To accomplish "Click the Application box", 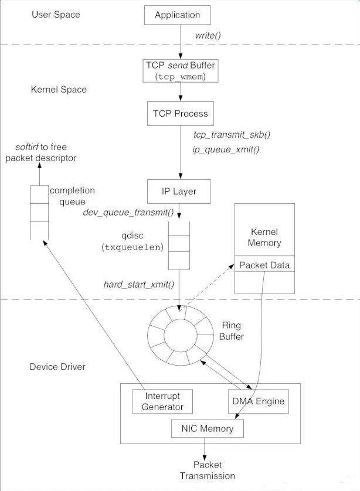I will click(x=176, y=15).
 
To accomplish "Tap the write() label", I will click(x=208, y=36).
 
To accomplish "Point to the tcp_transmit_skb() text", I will click(x=231, y=134).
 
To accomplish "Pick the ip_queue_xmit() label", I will click(x=226, y=149).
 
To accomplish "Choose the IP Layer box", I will click(x=179, y=191).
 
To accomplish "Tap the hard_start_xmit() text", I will click(x=138, y=285).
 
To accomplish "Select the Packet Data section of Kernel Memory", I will click(x=264, y=265).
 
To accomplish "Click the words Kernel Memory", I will click(x=264, y=237).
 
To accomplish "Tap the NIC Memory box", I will click(x=208, y=428).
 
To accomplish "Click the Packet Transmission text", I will click(x=207, y=470).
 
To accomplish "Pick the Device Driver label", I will click(x=57, y=367).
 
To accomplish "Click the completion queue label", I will click(x=72, y=196).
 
